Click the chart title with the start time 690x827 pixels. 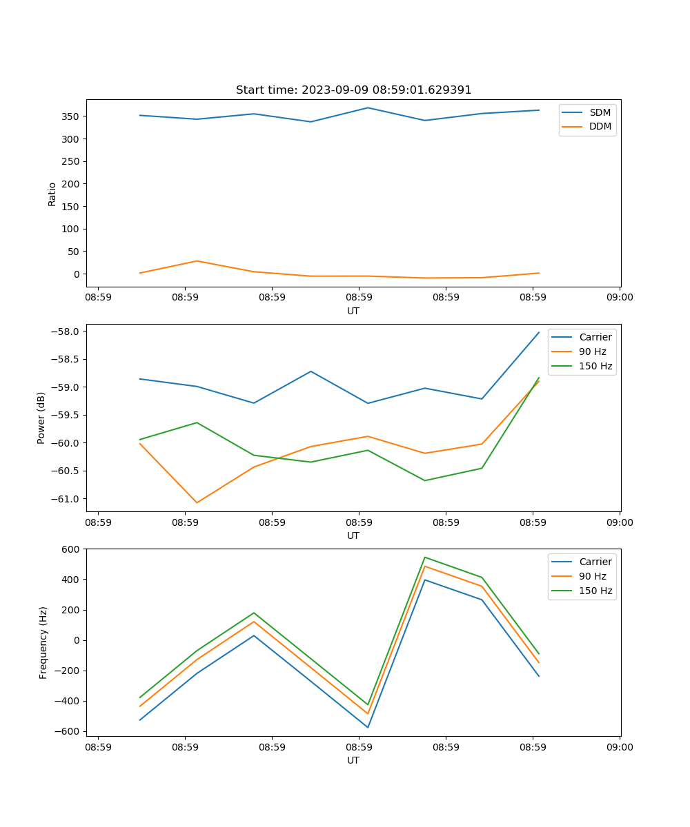(353, 90)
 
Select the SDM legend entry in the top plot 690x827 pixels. (600, 112)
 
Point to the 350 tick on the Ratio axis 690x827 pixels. (72, 116)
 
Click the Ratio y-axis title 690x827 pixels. (52, 194)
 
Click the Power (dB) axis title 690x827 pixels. (41, 418)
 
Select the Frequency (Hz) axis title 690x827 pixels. (43, 642)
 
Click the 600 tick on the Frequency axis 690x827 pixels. (72, 549)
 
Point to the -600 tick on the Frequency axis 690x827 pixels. (69, 732)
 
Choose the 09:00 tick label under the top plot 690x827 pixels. (620, 298)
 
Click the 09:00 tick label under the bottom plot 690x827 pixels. (620, 747)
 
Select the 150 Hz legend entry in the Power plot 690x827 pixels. (595, 366)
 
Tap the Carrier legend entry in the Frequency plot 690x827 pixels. (595, 562)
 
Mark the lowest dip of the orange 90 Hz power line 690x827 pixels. (197, 502)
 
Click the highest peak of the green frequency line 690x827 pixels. (425, 557)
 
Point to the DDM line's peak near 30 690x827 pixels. (197, 261)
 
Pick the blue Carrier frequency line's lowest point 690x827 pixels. (368, 727)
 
